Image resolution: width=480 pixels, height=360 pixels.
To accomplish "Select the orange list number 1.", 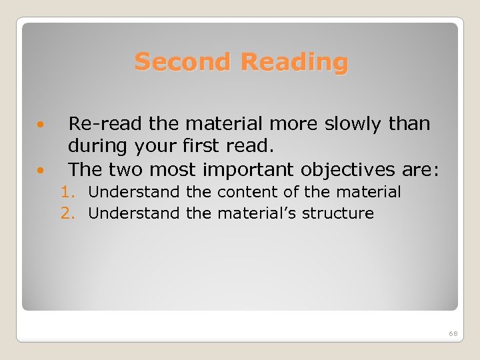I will (67, 193).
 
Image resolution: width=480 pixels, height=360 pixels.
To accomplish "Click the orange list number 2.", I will (67, 214).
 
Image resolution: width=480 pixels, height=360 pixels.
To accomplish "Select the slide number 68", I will (453, 333).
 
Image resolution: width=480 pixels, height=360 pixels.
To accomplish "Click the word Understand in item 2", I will (134, 214).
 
